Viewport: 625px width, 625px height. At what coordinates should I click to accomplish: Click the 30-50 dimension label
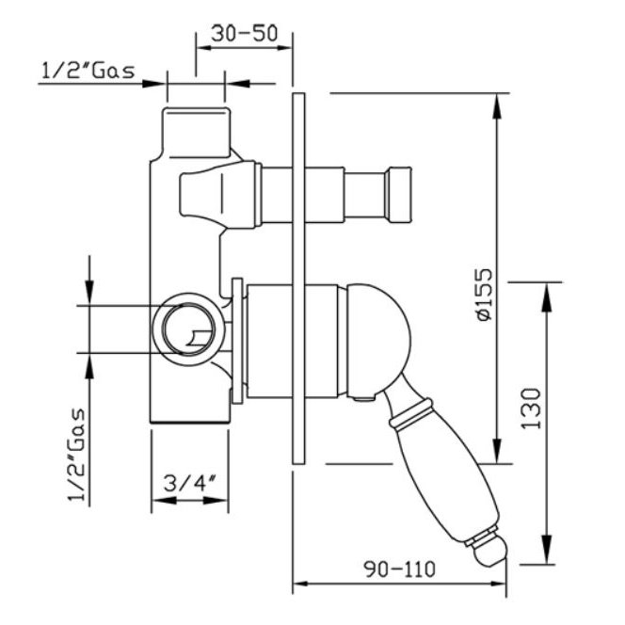[244, 34]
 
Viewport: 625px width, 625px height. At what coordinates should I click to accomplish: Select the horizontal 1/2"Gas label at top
[88, 72]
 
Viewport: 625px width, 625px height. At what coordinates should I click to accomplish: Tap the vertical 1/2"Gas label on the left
[77, 454]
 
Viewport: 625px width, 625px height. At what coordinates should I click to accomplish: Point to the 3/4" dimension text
[189, 484]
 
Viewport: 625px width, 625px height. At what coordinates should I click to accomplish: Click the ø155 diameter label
[485, 295]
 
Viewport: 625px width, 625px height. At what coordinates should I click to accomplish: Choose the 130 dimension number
[531, 409]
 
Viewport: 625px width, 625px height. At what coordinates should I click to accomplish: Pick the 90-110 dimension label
[400, 569]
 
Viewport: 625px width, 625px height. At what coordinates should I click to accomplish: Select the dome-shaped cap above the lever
[377, 341]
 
